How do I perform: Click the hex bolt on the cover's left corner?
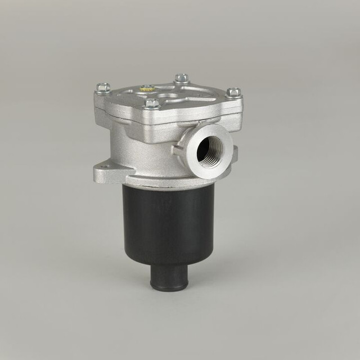(x=103, y=88)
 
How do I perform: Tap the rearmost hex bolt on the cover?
(x=181, y=78)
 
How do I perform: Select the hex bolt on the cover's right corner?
(x=233, y=92)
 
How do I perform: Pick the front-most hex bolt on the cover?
(x=152, y=103)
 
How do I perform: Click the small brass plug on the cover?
(x=147, y=88)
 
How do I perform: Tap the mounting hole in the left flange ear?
(x=103, y=166)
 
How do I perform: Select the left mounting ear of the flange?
(x=107, y=169)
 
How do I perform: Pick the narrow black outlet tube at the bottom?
(x=169, y=276)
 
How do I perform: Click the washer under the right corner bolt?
(x=233, y=96)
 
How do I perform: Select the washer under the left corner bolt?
(x=103, y=92)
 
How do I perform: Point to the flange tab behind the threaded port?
(x=235, y=152)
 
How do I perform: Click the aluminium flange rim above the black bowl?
(x=169, y=181)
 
